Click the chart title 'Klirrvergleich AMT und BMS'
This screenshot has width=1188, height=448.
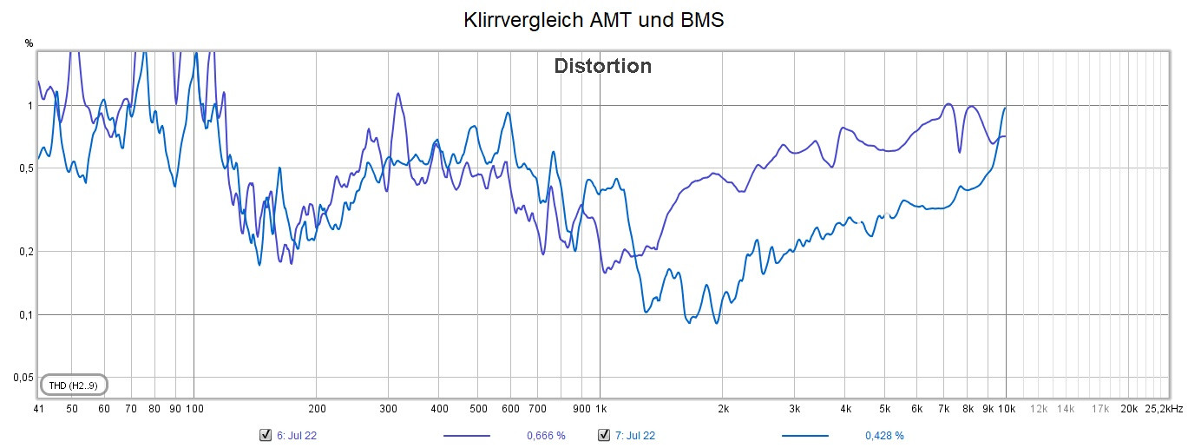tap(594, 20)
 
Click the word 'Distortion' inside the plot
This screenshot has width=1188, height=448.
tap(602, 66)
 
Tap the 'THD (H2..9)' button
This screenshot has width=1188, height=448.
tap(74, 385)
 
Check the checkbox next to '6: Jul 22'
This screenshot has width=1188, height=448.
tap(266, 435)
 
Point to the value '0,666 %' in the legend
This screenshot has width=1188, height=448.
tap(547, 435)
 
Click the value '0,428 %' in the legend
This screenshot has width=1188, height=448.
tap(884, 435)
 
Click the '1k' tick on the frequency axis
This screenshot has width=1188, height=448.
tap(601, 408)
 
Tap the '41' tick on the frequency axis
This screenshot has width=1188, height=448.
tap(38, 408)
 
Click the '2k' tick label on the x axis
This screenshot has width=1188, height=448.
tap(723, 408)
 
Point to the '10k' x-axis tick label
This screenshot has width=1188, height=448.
tap(1006, 408)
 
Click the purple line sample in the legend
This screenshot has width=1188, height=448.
tap(467, 435)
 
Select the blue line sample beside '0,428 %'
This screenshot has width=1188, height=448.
tap(804, 435)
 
